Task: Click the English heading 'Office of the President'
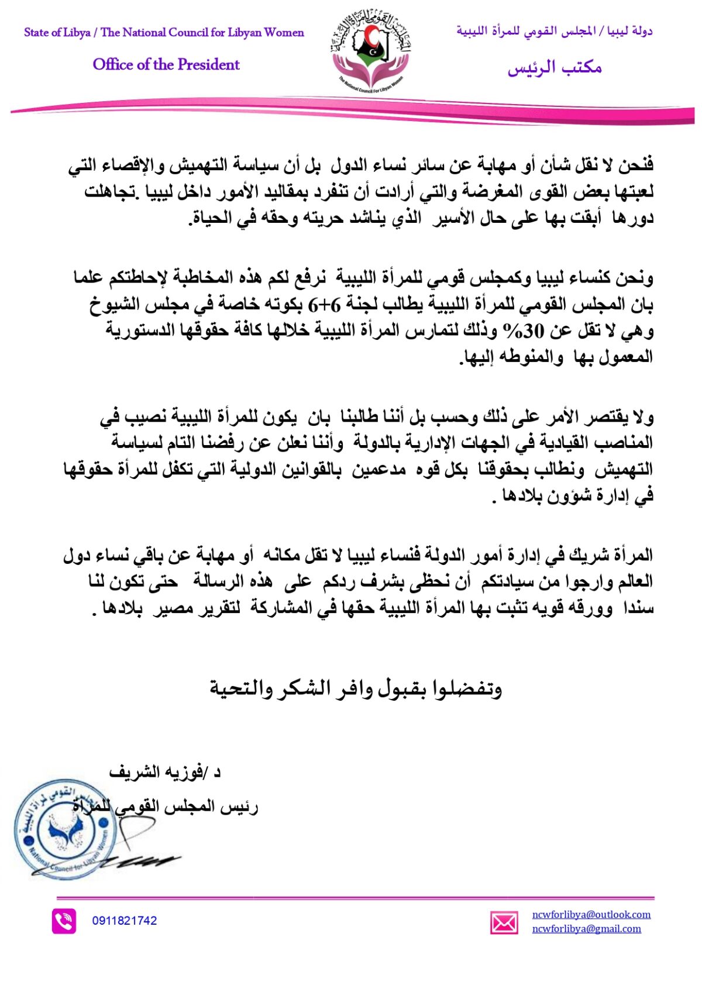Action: click(166, 64)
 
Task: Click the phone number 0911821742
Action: click(124, 921)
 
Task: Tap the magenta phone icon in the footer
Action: click(64, 921)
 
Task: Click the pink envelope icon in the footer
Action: click(504, 923)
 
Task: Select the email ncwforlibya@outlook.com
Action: click(591, 914)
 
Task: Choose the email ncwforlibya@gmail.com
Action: click(586, 928)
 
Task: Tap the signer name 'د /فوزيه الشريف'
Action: click(165, 772)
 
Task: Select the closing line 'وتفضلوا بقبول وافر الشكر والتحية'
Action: click(356, 688)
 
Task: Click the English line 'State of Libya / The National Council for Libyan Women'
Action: click(164, 32)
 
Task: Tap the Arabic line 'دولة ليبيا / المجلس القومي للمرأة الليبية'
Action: click(554, 31)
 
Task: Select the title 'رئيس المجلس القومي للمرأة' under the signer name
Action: click(167, 807)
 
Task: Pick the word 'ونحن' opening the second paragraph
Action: click(635, 278)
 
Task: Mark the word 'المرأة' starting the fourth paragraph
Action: click(631, 554)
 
